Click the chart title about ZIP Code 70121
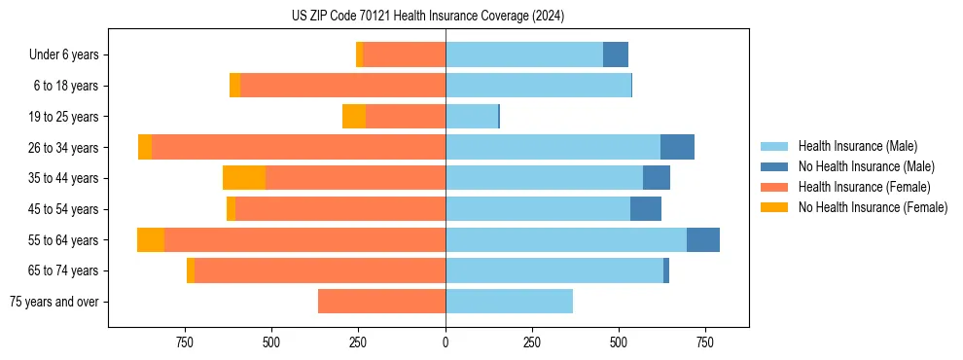click(428, 17)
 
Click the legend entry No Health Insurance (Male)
click(866, 166)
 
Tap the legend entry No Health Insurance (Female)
click(872, 207)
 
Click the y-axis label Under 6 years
click(63, 54)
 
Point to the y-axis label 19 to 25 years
click(63, 117)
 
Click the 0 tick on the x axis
click(446, 342)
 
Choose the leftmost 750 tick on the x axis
click(185, 342)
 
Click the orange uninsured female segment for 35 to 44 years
click(244, 178)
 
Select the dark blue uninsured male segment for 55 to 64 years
click(703, 239)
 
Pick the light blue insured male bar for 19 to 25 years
click(472, 117)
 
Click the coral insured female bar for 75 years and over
click(381, 302)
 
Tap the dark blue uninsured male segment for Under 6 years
click(616, 54)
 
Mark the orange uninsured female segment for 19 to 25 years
click(354, 117)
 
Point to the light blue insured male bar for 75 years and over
click(509, 302)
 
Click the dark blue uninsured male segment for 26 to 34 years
click(677, 147)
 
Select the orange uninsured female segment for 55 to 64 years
click(151, 239)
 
